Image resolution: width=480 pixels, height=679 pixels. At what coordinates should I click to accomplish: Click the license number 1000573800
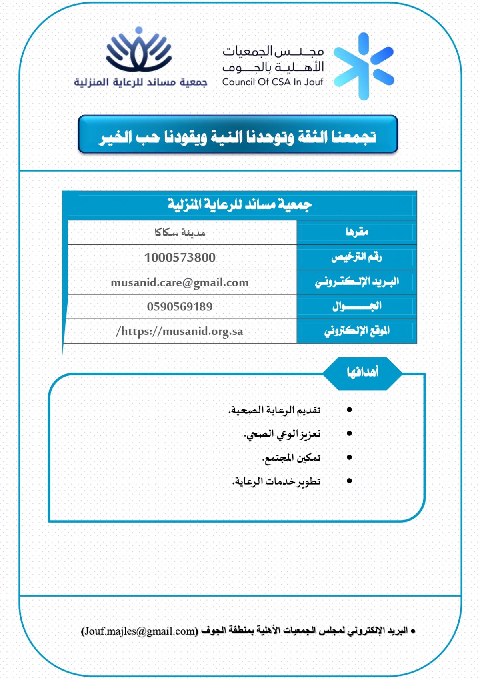point(180,258)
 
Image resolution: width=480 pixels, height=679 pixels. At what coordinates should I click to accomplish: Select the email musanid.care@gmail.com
point(180,282)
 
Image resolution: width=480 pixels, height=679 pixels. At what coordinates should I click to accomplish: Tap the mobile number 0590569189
point(180,307)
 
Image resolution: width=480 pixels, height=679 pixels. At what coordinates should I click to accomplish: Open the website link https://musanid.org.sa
point(180,331)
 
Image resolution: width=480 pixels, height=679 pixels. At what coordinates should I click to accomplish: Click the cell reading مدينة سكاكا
point(180,232)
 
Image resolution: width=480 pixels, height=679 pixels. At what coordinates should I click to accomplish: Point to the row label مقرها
point(357,232)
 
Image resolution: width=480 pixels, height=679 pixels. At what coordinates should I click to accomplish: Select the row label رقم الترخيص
point(356,257)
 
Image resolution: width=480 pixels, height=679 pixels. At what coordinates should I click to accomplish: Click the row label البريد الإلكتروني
point(357,282)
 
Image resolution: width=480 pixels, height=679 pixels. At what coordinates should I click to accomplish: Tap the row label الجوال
point(357,306)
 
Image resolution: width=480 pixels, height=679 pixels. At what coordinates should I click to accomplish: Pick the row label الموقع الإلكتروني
point(357,331)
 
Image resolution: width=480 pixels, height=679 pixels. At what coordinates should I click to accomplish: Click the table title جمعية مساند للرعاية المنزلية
point(240,205)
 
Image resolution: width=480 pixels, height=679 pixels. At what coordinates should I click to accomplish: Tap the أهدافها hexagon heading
point(362,373)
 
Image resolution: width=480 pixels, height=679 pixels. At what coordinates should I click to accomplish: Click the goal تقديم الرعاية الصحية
point(274,410)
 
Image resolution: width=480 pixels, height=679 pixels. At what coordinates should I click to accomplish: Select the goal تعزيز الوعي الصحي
point(282,434)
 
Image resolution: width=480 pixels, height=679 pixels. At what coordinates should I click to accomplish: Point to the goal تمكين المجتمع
point(291,458)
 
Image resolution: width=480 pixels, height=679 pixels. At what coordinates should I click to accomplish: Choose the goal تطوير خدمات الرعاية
point(276,481)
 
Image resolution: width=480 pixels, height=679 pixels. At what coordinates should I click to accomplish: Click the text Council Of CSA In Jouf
point(272,82)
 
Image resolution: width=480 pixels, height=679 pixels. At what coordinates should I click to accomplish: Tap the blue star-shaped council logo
point(364,66)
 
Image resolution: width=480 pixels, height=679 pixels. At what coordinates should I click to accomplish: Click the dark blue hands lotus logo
point(139,50)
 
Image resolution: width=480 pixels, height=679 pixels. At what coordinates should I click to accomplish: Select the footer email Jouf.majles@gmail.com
point(139,631)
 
